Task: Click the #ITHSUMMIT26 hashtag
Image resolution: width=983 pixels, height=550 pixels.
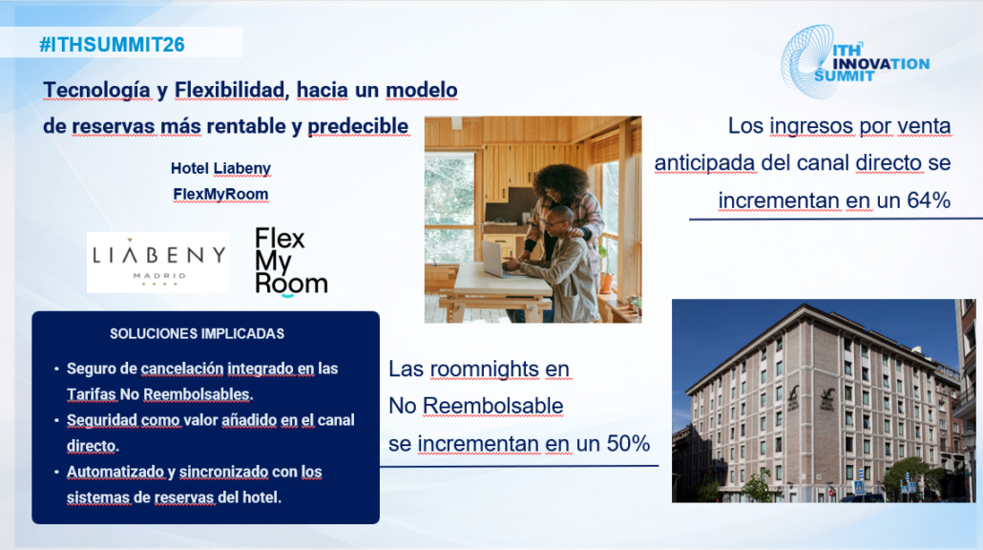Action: coord(112,45)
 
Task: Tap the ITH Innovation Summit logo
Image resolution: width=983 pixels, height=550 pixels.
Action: coord(854,62)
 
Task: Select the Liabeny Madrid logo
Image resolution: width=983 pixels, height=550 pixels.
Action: coord(158,263)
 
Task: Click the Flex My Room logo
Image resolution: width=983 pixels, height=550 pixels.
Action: coord(291,262)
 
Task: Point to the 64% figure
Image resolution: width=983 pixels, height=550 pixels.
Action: coord(929,201)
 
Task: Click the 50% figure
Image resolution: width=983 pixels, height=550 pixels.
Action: coord(628,443)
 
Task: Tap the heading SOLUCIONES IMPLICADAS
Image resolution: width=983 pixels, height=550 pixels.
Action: coord(197,333)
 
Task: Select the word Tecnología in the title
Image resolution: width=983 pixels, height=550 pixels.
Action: coord(96,91)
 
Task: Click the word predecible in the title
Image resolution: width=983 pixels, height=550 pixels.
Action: coord(358,126)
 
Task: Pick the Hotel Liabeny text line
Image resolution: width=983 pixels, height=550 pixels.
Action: coord(220,168)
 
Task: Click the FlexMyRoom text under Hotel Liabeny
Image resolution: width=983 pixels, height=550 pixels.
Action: coord(220,195)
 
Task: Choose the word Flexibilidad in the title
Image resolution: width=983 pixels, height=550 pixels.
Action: coord(229,91)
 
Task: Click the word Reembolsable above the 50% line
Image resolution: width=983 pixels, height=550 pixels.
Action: coord(492,406)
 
